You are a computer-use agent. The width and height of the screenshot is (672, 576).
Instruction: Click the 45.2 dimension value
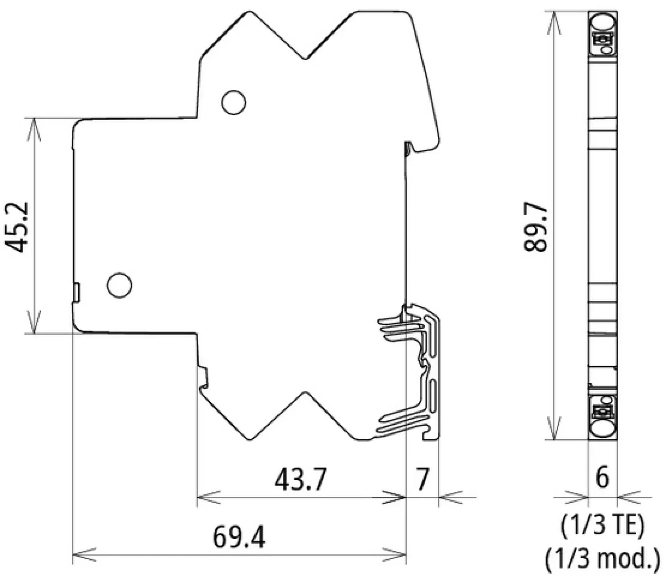pyautogui.click(x=16, y=227)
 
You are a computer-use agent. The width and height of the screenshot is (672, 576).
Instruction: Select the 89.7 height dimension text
pyautogui.click(x=536, y=227)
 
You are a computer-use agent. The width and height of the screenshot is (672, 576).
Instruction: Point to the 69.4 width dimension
pyautogui.click(x=239, y=537)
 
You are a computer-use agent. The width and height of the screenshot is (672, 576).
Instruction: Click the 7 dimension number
pyautogui.click(x=422, y=479)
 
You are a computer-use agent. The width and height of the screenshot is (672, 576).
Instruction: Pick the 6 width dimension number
pyautogui.click(x=602, y=477)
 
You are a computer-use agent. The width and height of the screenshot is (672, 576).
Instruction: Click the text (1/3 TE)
pyautogui.click(x=602, y=526)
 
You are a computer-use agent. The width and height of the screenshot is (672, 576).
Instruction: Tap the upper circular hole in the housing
pyautogui.click(x=234, y=102)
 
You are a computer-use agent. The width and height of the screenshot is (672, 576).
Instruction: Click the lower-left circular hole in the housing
pyautogui.click(x=119, y=285)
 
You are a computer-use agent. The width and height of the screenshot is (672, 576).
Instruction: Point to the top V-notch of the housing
pyautogui.click(x=305, y=58)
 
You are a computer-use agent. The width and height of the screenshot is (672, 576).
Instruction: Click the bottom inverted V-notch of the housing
pyautogui.click(x=305, y=393)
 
